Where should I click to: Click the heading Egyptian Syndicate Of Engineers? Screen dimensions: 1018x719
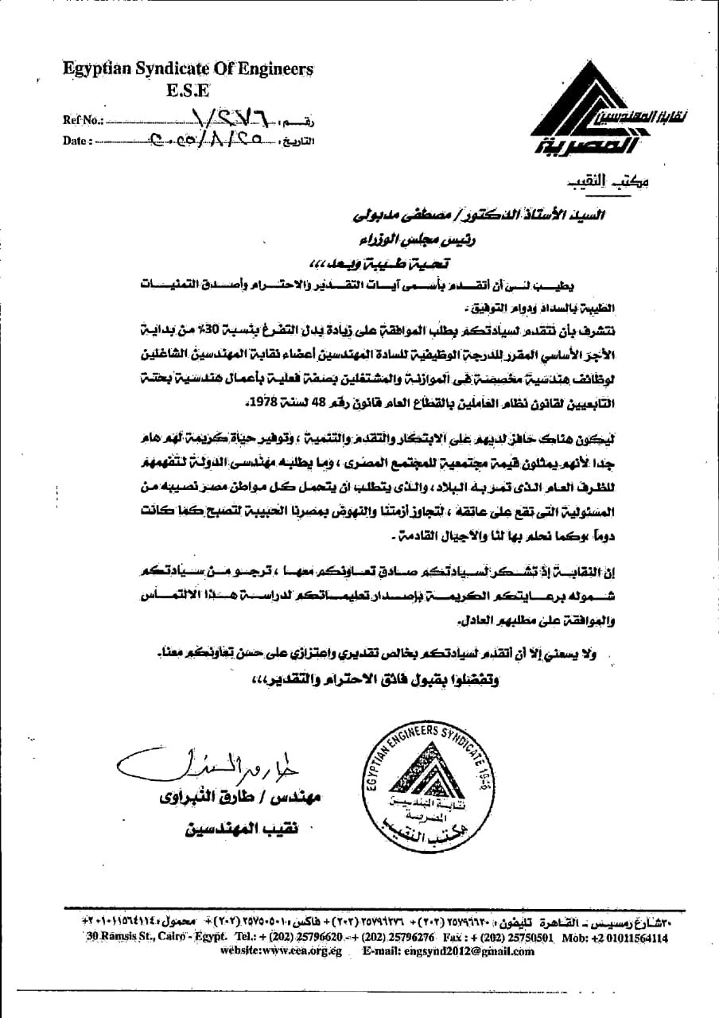pos(188,70)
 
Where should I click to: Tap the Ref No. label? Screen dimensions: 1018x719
pos(82,121)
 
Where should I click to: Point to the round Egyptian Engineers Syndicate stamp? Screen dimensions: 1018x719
pos(431,783)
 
